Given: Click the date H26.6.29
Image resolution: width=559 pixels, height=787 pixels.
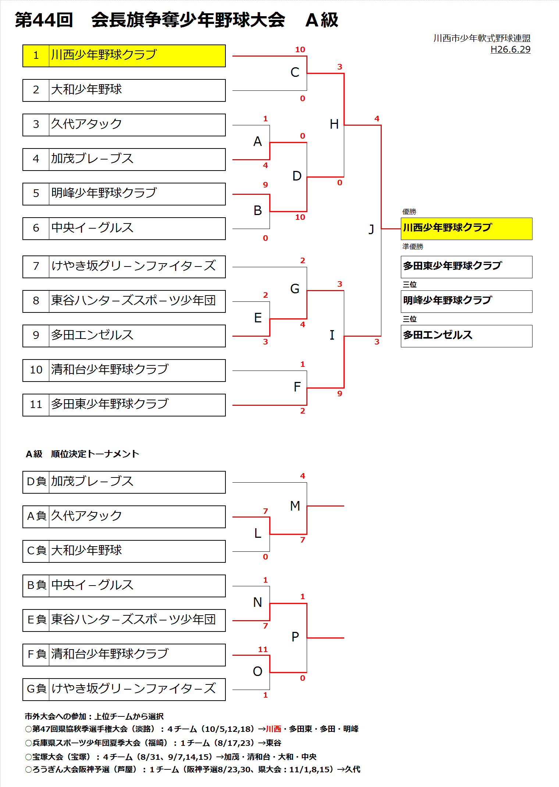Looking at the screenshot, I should pos(510,50).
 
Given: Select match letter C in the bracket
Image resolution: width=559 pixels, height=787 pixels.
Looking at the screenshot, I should pos(295,72).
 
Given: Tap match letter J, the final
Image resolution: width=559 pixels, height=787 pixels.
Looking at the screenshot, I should pos(371,229).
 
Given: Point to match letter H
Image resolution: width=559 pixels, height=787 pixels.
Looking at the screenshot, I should pos(334,124).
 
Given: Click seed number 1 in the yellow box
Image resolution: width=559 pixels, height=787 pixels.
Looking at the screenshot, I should pos(36,56).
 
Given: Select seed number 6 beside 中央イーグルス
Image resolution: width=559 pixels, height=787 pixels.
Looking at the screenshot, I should pos(36,228).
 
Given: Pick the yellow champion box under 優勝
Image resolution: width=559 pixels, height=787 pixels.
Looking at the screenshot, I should pos(466,228).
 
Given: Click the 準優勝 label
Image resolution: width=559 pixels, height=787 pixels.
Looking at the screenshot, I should pos(413,247).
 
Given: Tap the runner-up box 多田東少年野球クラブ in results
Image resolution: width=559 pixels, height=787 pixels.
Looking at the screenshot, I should pos(466,266).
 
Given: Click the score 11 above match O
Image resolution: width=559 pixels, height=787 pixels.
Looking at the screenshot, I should pos(263,650).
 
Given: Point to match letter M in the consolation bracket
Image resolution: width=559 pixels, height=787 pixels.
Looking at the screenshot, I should pos(295,506).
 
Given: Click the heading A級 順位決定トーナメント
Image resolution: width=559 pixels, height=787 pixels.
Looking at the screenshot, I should pos(82,454).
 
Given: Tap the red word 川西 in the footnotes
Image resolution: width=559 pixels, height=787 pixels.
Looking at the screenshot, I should pos(273,729).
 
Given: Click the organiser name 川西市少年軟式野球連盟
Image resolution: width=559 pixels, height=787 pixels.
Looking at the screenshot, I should pos(481,38).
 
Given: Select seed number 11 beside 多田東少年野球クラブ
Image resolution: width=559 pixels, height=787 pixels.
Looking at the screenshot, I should pos(36,405).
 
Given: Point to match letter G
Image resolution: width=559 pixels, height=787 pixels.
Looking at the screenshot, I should pos(295,289).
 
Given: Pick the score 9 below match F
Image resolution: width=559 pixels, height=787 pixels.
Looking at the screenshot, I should pos(339,394).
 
